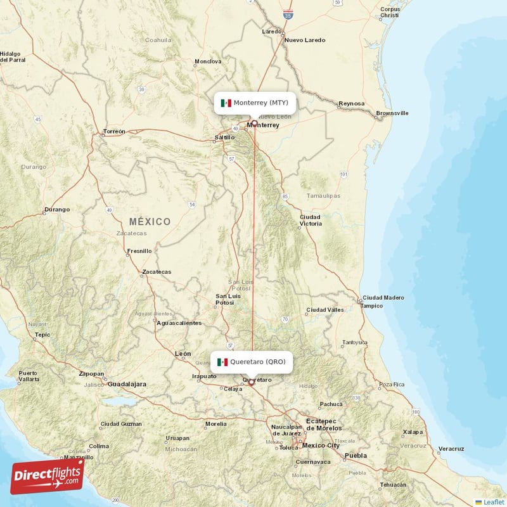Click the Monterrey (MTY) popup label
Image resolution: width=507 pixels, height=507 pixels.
point(255,103)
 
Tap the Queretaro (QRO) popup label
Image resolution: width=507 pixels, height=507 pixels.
point(252,362)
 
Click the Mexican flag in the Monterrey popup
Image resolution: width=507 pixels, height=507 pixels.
point(226,103)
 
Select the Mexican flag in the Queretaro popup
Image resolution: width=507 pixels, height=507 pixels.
point(222,362)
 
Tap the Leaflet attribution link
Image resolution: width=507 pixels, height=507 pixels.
point(493,502)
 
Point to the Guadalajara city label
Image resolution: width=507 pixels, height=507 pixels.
point(127,384)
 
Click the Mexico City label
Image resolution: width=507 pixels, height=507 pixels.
point(321,446)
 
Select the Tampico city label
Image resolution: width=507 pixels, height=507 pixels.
point(371,305)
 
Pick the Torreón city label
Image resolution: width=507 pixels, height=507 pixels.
point(114,132)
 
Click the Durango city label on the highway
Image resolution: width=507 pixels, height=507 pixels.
point(56,209)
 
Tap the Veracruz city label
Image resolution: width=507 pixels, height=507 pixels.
point(451,449)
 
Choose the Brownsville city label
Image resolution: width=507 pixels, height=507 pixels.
point(392,113)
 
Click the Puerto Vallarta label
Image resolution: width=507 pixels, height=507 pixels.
point(28,376)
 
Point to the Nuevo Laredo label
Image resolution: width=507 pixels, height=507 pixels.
point(305,40)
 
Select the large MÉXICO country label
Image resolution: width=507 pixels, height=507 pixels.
point(150,221)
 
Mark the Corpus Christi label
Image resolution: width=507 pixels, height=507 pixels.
point(390,13)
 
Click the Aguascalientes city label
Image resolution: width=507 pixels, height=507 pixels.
point(179,323)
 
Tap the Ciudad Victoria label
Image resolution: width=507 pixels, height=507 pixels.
point(311,220)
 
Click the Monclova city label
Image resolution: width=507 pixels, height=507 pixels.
point(208,61)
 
